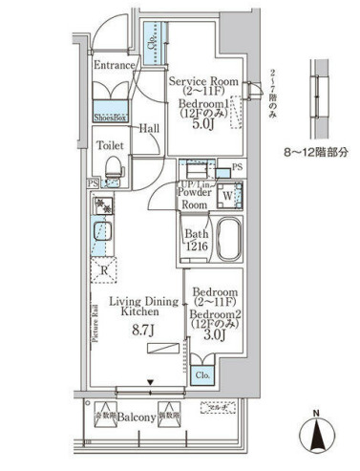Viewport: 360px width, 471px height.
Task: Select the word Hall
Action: pyautogui.click(x=148, y=127)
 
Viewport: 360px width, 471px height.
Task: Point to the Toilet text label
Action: pyautogui.click(x=113, y=148)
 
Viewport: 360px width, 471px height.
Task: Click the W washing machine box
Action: pyautogui.click(x=227, y=198)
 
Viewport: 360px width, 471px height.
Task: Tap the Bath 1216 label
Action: pyautogui.click(x=197, y=239)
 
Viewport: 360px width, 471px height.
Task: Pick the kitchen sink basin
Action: pyautogui.click(x=100, y=230)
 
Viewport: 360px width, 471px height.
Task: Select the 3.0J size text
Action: pyautogui.click(x=215, y=335)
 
